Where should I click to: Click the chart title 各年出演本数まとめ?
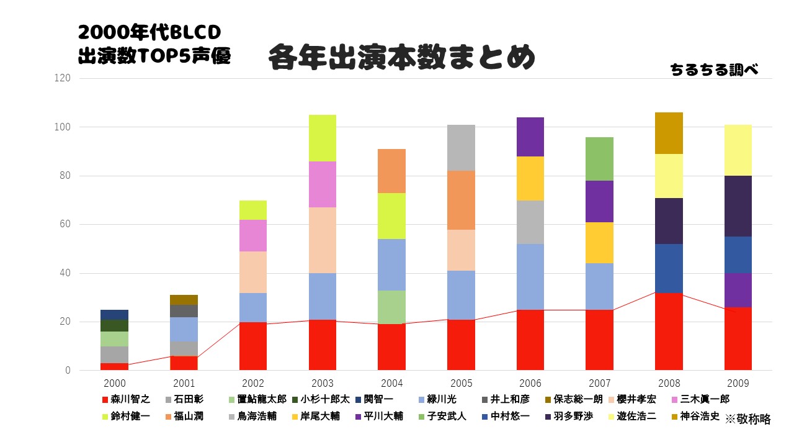tap(401, 58)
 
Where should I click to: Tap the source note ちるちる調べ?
tap(714, 70)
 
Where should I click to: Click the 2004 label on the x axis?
tap(392, 384)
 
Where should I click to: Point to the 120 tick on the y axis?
tap(63, 78)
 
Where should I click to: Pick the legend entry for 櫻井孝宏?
tap(631, 399)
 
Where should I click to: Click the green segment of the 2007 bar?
tap(600, 159)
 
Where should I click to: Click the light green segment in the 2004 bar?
tap(392, 307)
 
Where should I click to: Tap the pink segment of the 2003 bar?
tap(323, 184)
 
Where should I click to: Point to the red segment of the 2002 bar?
tap(253, 346)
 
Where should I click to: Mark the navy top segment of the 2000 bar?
tap(114, 314)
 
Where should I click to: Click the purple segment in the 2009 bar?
tap(738, 290)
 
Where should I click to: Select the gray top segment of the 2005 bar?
tap(462, 148)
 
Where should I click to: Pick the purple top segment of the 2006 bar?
tap(530, 137)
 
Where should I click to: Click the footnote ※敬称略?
tap(747, 419)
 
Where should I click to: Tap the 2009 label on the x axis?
tap(738, 384)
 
